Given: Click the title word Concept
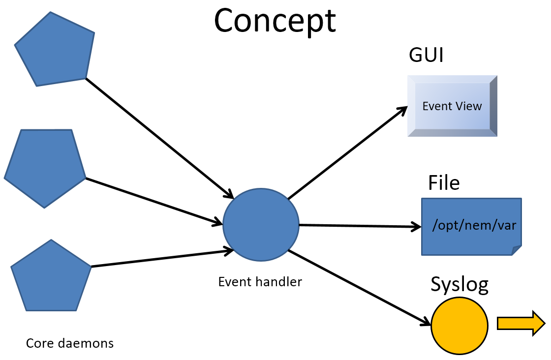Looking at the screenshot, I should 275,21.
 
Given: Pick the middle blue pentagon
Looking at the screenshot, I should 45,167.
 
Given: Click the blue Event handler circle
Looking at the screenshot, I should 261,225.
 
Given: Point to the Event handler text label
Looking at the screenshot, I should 260,282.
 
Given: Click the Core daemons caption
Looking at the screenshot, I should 69,343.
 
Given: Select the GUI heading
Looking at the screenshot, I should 426,56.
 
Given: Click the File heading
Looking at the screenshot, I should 444,182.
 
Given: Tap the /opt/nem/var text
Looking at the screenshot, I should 474,225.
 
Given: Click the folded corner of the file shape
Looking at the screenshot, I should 516,250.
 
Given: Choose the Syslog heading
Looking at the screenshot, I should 459,284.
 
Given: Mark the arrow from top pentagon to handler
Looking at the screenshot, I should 157,136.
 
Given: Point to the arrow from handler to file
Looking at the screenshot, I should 359,226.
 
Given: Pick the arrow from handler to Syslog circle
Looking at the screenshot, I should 359,288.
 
